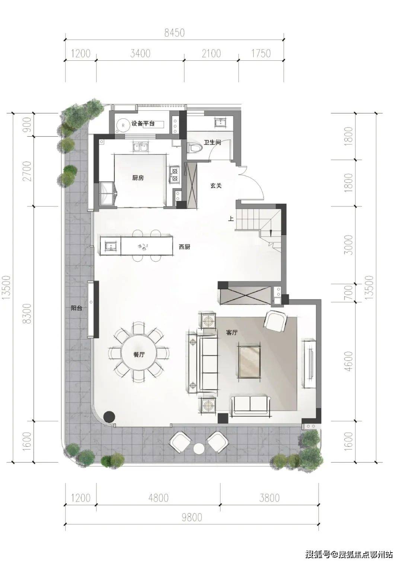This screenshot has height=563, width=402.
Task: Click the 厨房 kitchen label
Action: coord(138,178)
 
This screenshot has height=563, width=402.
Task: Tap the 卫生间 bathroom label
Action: coord(213,142)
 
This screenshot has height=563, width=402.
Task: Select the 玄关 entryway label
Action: coord(216,186)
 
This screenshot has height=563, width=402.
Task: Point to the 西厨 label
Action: coord(184,247)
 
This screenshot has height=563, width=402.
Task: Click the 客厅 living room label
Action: coord(232,332)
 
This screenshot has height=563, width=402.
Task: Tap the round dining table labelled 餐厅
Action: coord(139,355)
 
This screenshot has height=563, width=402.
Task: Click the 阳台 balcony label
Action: coord(76,308)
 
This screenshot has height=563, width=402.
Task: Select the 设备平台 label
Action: coord(143,123)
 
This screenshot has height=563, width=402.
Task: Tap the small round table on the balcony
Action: coord(200,449)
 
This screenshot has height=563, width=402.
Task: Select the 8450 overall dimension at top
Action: coord(175,33)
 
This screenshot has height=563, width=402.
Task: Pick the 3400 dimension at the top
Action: coord(140,54)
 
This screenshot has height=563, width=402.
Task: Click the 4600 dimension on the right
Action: coord(349,361)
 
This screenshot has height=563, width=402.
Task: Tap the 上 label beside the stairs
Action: coord(231,219)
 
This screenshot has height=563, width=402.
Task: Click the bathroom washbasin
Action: coord(220,123)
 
